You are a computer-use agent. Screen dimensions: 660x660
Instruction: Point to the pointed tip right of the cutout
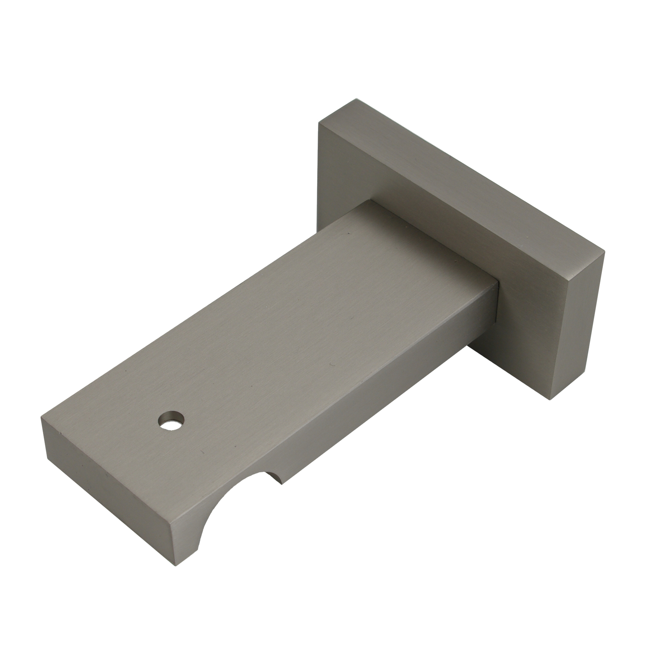[282, 484]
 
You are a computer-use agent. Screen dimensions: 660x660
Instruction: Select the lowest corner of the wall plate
[550, 400]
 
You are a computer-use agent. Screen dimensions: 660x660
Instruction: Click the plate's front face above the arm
[344, 165]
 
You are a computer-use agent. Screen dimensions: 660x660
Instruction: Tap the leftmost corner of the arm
[41, 417]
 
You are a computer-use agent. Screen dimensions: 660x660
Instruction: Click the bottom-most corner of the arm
[176, 566]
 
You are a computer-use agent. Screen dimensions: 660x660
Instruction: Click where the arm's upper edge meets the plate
[370, 200]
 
